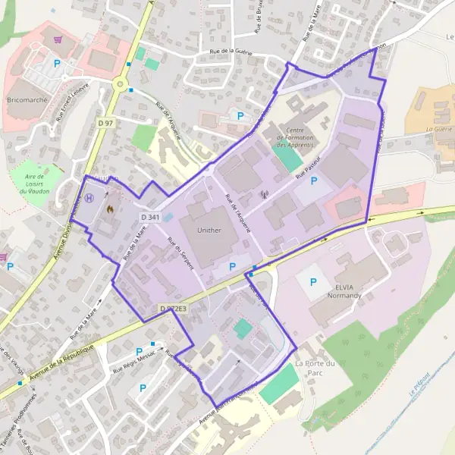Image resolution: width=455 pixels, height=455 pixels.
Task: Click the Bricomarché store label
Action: point(27,99)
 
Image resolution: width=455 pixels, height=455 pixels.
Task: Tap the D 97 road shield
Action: point(105,122)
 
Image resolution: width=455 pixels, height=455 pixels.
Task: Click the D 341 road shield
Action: point(149,217)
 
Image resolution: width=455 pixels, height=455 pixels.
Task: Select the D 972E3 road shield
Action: point(172,309)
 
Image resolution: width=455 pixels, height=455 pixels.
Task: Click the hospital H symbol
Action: point(90,198)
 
